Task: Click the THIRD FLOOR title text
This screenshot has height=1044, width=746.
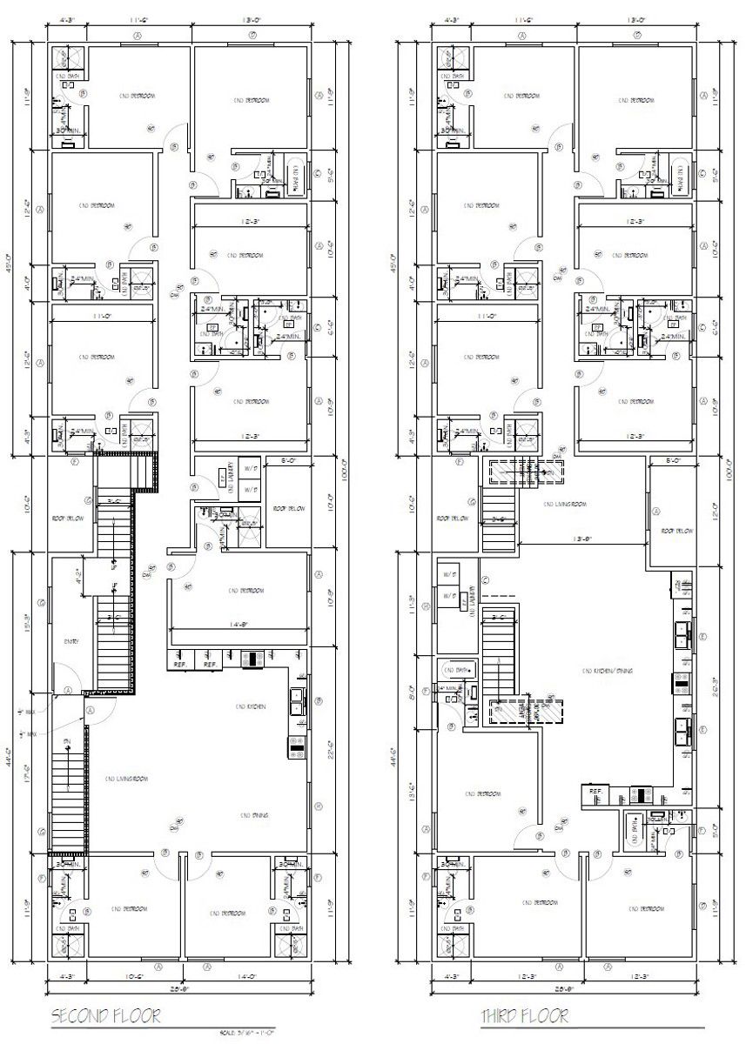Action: (x=525, y=1015)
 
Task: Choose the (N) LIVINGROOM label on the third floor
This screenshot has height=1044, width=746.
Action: (x=564, y=504)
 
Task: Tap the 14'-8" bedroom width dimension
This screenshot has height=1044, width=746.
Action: (x=239, y=624)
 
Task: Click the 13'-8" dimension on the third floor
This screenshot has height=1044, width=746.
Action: (x=583, y=539)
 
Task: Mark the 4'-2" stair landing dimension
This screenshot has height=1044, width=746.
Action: (x=78, y=574)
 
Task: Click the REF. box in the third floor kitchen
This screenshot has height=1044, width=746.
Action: (x=596, y=791)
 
